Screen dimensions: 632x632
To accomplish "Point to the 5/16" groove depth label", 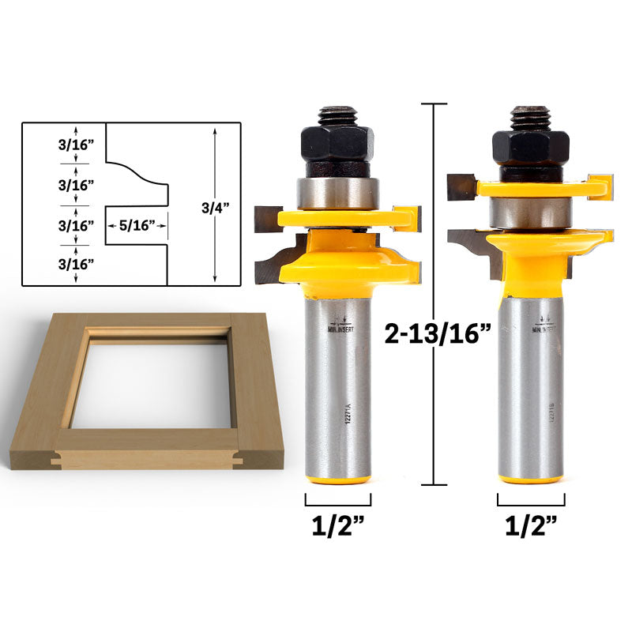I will pos(138,225).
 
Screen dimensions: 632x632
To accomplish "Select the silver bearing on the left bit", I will pos(337,193).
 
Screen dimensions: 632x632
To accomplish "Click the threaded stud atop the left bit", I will pos(337,115).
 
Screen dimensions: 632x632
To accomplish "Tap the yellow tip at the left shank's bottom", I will pos(338,479).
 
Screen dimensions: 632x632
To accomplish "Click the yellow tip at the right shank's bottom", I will pos(531,479).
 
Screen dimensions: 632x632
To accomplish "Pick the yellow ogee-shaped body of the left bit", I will pos(340,257).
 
